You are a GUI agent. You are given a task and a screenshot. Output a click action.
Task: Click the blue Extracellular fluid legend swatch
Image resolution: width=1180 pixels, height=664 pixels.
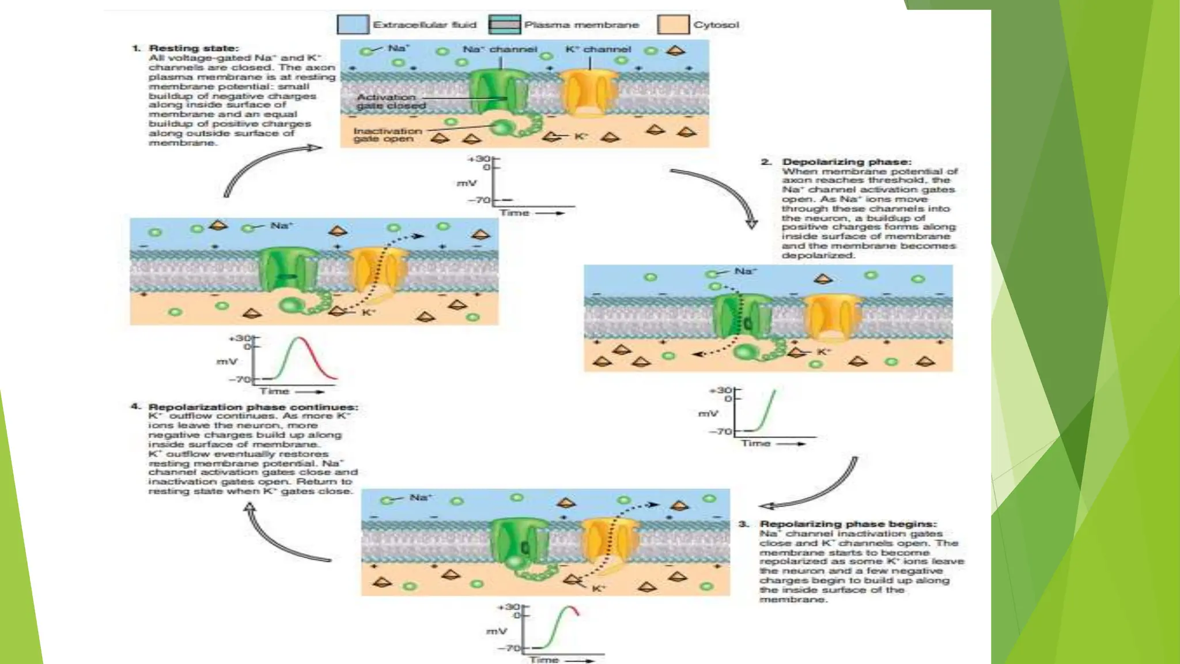coord(353,25)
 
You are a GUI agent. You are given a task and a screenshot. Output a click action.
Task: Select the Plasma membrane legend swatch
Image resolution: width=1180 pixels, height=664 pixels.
coord(504,25)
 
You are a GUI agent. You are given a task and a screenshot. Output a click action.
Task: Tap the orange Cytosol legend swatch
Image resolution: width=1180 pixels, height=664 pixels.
coord(673,25)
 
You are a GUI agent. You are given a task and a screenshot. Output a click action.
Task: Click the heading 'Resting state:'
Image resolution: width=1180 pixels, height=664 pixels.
coord(194,48)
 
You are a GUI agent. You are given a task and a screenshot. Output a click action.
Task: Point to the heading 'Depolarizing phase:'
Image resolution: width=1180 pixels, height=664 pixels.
coord(846,162)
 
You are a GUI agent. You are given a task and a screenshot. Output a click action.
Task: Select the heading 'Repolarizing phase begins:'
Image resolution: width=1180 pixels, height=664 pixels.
coord(848,524)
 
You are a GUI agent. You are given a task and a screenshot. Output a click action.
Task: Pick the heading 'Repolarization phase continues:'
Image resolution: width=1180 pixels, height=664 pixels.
coord(253,407)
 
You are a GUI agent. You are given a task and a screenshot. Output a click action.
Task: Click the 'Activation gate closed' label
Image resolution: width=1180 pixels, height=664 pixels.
coord(391,101)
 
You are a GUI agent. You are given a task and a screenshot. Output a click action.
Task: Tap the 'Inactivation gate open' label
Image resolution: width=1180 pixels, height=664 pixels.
coord(387,135)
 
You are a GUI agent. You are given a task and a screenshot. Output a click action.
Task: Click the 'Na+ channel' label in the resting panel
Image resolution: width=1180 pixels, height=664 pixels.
coord(500,50)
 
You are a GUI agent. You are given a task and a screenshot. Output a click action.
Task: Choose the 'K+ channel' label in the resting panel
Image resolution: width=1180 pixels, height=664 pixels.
coord(598,50)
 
